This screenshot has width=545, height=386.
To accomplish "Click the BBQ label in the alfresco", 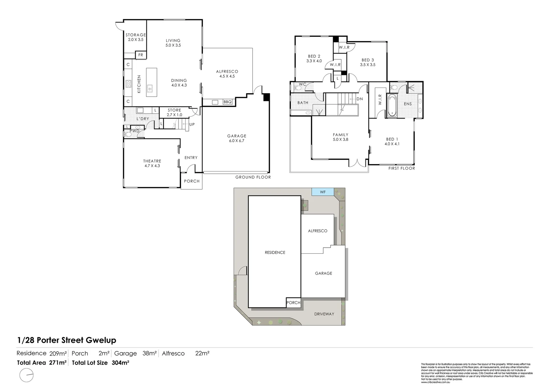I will [x=227, y=102].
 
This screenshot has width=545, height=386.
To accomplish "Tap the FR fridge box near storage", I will [x=141, y=55].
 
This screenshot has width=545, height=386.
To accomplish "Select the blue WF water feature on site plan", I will [x=323, y=192].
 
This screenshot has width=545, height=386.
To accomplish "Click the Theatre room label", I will [x=152, y=163].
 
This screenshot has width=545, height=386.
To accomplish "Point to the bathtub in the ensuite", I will [x=392, y=106].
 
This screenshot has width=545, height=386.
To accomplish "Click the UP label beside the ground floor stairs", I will [x=192, y=124].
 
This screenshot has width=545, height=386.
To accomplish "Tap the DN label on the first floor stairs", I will [x=359, y=99].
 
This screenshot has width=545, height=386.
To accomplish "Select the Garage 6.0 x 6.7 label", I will [x=237, y=138].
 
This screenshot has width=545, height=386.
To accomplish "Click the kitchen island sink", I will [x=150, y=87].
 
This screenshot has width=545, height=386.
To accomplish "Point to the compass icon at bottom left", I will [x=27, y=376].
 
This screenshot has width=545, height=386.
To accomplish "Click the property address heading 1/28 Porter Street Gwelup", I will [x=67, y=340].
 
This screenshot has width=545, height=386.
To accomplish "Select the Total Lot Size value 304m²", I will [x=120, y=362].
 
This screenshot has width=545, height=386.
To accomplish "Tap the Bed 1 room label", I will [x=392, y=142].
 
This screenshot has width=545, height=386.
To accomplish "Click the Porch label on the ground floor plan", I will [x=192, y=181].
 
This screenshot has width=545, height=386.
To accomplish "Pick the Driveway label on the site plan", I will [x=324, y=314].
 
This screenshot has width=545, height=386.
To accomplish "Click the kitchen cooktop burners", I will [x=128, y=84].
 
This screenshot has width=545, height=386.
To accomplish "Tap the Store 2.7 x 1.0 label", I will [x=174, y=113].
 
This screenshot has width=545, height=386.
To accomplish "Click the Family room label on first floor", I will [x=340, y=137].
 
